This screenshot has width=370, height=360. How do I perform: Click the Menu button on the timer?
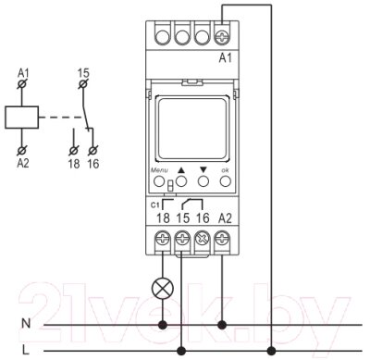[x=159, y=181]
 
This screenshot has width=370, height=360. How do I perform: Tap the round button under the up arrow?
[x=181, y=181]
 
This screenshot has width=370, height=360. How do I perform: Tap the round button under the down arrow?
[x=203, y=181]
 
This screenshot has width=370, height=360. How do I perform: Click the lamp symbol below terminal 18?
[x=163, y=289]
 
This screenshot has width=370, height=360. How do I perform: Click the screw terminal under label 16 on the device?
[x=203, y=239]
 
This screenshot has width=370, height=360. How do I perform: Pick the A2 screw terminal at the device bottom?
[x=222, y=239]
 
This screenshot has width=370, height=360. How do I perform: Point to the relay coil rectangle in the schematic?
[x=21, y=118]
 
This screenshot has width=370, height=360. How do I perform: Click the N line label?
[x=26, y=323]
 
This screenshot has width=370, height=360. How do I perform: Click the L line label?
[x=26, y=350]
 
